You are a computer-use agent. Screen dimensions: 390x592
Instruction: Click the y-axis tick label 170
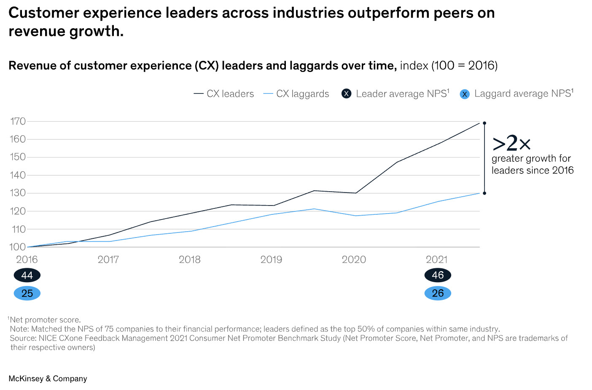pyautogui.click(x=18, y=121)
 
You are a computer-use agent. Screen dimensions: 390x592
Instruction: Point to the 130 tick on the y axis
pyautogui.click(x=18, y=193)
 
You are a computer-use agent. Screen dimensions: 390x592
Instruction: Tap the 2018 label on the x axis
pyautogui.click(x=189, y=259)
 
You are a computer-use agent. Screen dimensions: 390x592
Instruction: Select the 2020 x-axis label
pyautogui.click(x=354, y=259)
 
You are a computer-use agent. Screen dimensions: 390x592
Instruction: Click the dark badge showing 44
pyautogui.click(x=27, y=275)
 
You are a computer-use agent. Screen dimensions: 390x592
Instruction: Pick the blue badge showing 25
pyautogui.click(x=27, y=293)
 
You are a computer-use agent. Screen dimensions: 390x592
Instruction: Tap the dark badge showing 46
pyautogui.click(x=438, y=275)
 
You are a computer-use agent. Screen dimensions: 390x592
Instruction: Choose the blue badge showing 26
pyautogui.click(x=438, y=293)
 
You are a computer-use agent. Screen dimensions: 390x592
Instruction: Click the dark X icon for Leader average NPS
pyautogui.click(x=346, y=94)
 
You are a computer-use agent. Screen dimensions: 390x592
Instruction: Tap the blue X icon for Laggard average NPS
pyautogui.click(x=465, y=94)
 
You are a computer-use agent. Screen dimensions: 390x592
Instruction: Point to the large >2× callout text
pyautogui.click(x=511, y=143)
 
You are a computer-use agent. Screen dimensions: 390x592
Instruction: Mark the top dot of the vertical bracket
pyautogui.click(x=484, y=123)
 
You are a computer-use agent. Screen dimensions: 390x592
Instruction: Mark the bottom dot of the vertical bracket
pyautogui.click(x=484, y=193)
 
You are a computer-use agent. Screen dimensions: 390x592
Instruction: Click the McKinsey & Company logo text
pyautogui.click(x=48, y=379)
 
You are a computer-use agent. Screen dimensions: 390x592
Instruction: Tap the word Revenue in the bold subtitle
pyautogui.click(x=29, y=66)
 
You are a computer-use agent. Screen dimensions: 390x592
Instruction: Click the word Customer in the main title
pyautogui.click(x=43, y=13)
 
